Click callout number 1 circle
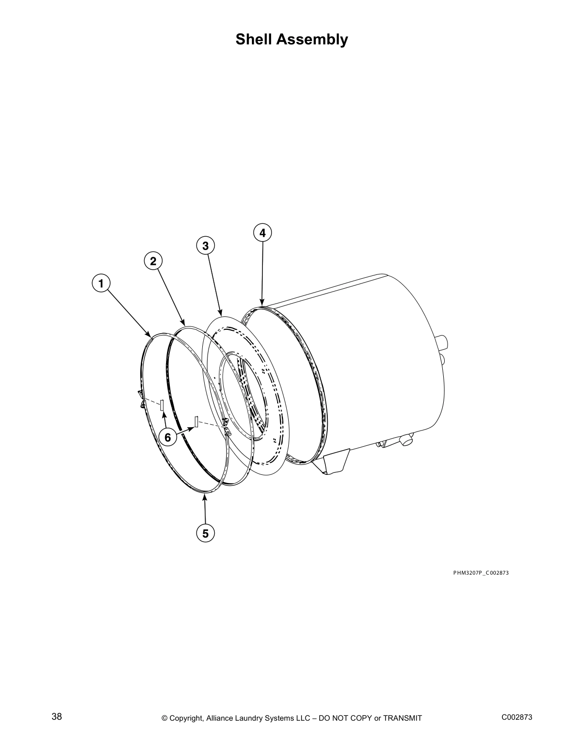[x=101, y=283]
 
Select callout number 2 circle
[x=153, y=261]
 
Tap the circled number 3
[x=205, y=246]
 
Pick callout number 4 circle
[x=262, y=233]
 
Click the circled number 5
[x=205, y=533]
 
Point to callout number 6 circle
[x=167, y=437]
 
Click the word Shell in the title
[x=254, y=39]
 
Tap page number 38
[x=57, y=717]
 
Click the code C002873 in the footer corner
[x=517, y=717]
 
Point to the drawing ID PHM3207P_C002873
[x=481, y=573]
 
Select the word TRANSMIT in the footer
[x=403, y=718]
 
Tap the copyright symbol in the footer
[x=165, y=718]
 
